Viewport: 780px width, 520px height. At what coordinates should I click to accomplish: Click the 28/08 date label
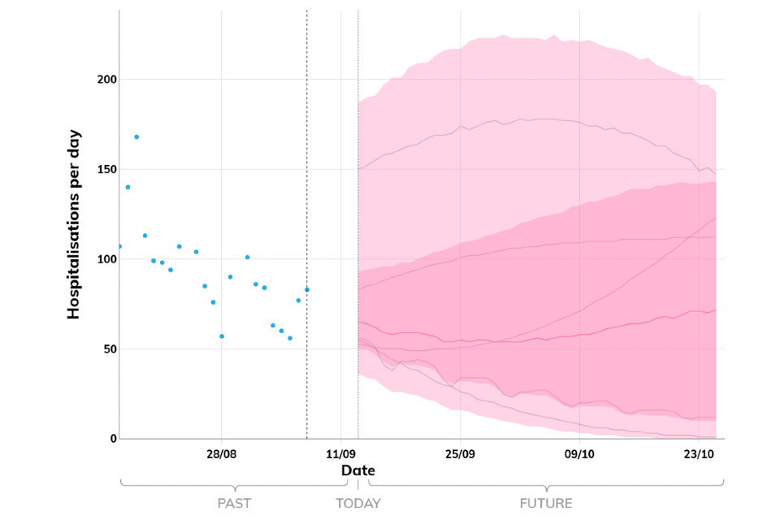click(x=221, y=453)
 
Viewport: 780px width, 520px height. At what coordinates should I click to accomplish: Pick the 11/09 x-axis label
click(x=340, y=453)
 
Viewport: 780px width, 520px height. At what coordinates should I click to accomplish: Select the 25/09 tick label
click(x=460, y=453)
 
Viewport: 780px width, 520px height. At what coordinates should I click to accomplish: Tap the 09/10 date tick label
click(x=579, y=453)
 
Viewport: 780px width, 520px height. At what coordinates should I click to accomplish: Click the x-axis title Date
click(x=357, y=470)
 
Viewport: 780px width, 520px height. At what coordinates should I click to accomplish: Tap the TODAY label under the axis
click(x=357, y=504)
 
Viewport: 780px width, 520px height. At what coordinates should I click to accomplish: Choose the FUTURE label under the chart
click(x=547, y=504)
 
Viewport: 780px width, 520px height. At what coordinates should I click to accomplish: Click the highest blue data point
click(x=136, y=136)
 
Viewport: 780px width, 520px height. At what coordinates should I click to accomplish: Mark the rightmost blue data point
click(x=307, y=289)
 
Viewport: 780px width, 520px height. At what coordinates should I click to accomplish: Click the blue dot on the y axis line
click(x=119, y=246)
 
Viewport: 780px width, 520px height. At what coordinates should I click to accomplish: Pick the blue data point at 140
click(x=128, y=187)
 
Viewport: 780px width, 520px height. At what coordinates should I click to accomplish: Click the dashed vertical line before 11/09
click(x=306, y=203)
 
